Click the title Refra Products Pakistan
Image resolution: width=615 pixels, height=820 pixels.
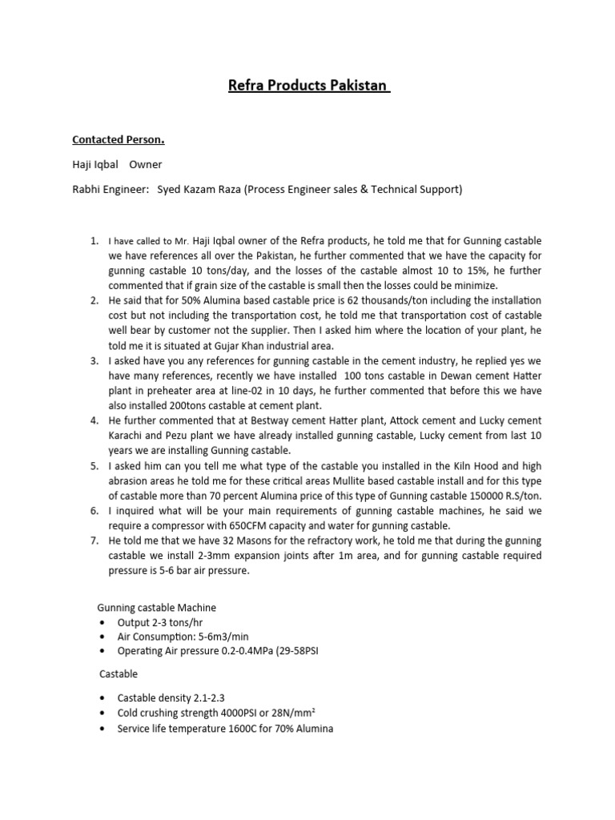(x=307, y=86)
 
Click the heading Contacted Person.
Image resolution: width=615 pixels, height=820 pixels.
(x=118, y=139)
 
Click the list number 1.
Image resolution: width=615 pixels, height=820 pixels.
(x=94, y=240)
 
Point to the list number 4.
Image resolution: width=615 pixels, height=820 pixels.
(x=94, y=420)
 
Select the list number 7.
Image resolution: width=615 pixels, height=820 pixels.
(x=94, y=541)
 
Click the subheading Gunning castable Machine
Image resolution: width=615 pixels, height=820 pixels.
(x=156, y=608)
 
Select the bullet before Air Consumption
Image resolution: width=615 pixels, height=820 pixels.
(x=102, y=637)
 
